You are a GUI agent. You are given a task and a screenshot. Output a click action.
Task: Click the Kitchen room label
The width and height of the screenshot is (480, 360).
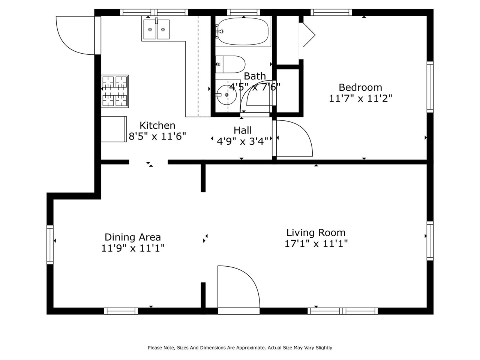[x=157, y=125]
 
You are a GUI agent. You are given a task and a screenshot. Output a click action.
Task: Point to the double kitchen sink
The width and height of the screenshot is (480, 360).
[x=156, y=30]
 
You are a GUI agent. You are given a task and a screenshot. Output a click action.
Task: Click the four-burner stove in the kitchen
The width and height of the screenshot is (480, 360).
[x=115, y=91]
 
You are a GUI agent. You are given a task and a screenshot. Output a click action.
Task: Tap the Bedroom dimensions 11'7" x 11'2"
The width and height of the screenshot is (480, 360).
[x=360, y=99]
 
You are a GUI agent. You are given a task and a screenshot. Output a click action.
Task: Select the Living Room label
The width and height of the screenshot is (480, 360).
[x=316, y=232]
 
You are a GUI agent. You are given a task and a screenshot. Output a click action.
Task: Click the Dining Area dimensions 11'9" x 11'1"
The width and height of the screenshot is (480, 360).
[x=133, y=248]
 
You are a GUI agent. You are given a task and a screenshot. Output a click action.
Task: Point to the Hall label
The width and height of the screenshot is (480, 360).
[x=243, y=130]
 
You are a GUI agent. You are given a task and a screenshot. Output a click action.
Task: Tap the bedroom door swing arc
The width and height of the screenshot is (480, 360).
[x=295, y=139]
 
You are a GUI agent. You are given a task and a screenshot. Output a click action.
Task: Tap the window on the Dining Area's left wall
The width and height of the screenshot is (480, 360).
[x=50, y=244]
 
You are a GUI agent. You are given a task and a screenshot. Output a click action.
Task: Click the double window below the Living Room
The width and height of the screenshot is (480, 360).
[x=342, y=311]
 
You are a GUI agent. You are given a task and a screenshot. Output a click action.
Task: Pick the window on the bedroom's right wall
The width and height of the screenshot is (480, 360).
[x=430, y=87]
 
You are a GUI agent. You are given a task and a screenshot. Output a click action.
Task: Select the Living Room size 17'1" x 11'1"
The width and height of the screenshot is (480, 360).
[x=316, y=244]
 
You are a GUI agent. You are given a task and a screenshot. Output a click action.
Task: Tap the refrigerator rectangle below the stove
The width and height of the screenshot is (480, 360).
[x=114, y=129]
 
